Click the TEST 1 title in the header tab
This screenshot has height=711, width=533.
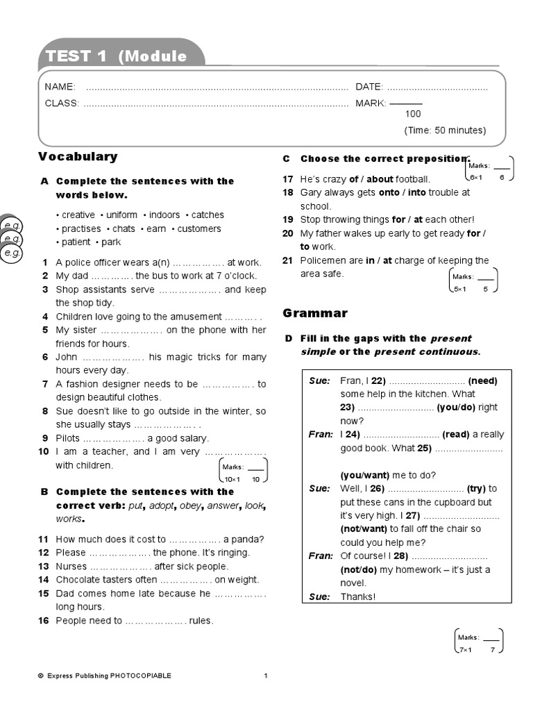76,57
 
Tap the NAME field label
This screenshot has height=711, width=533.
60,87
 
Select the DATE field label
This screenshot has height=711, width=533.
369,87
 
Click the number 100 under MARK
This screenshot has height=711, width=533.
413,114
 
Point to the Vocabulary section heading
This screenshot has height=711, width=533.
78,157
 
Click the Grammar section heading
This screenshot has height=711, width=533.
315,313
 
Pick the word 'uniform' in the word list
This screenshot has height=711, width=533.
121,215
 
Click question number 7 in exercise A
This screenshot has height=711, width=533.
44,384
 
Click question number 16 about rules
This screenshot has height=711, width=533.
44,621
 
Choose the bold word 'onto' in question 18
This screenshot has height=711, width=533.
389,192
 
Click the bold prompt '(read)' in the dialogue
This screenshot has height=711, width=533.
456,435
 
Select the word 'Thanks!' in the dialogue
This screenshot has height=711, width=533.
357,596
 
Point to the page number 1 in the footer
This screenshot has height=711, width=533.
266,676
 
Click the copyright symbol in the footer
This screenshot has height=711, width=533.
41,676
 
